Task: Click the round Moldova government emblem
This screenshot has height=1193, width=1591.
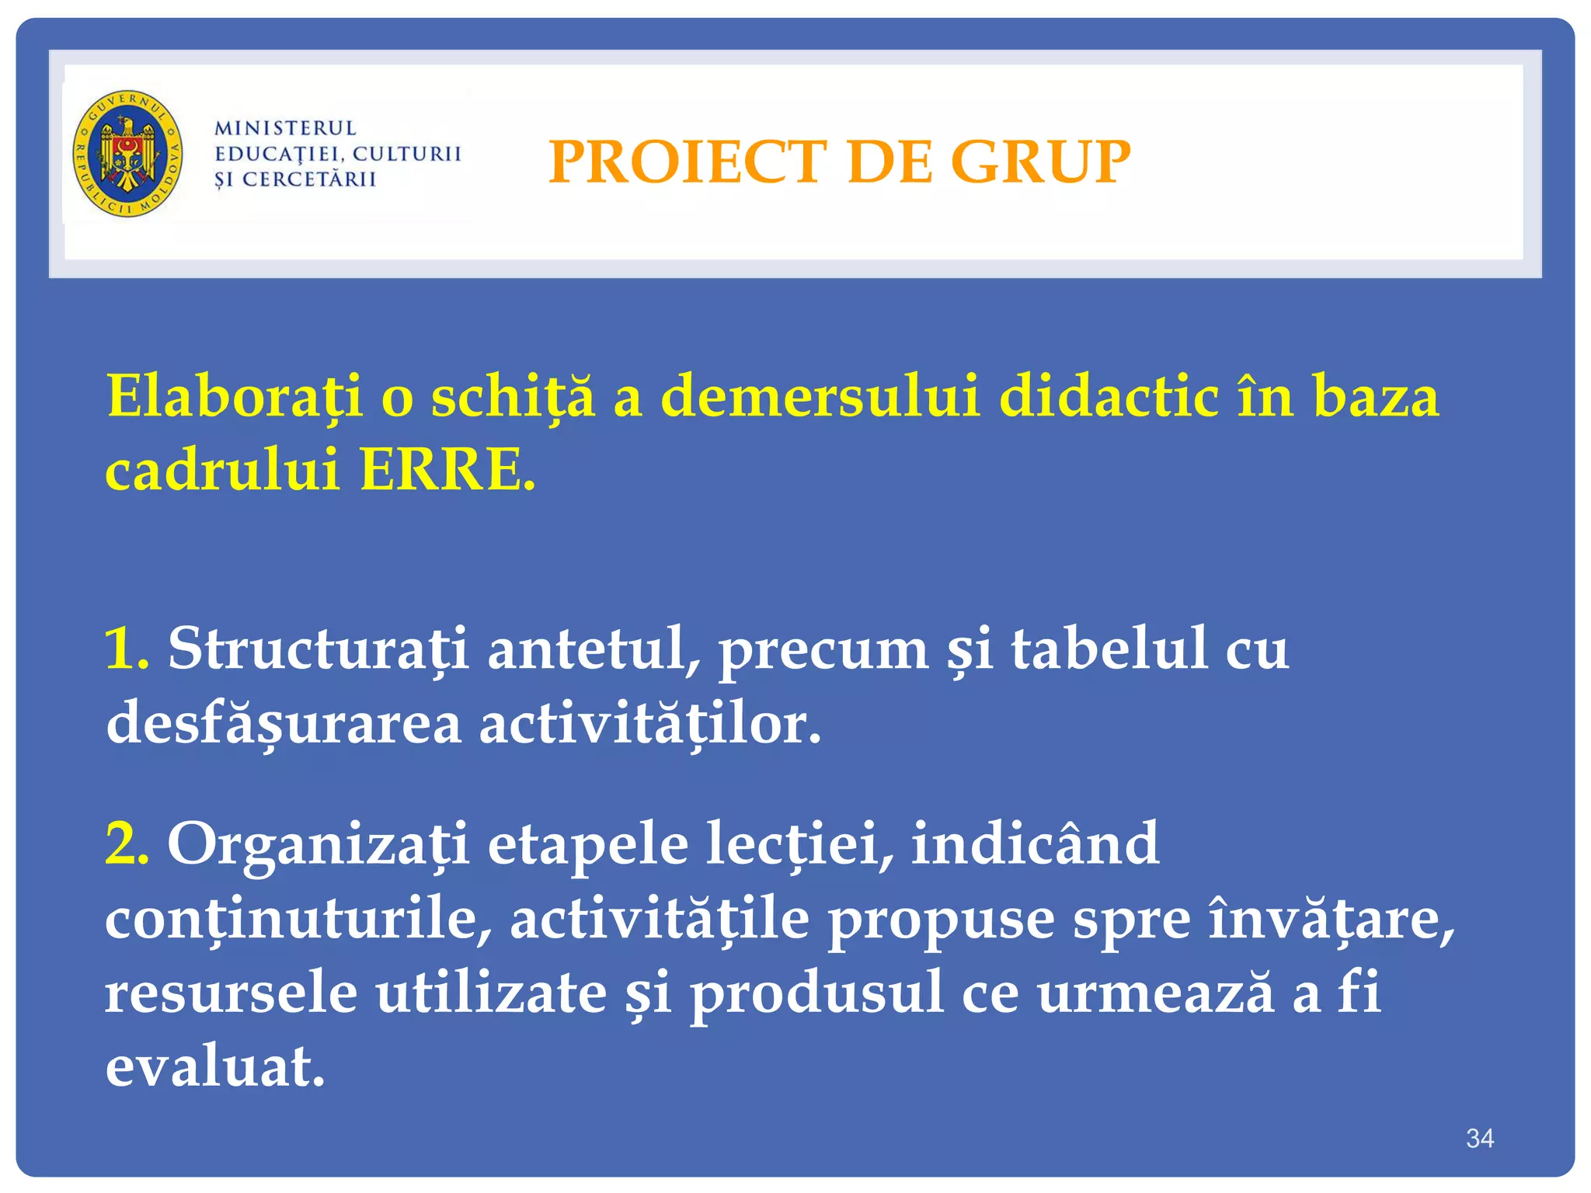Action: pyautogui.click(x=128, y=153)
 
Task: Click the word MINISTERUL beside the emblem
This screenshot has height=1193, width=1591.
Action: pyautogui.click(x=285, y=128)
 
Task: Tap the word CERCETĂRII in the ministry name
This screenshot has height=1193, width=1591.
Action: pyautogui.click(x=309, y=179)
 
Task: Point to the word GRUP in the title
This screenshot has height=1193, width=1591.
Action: pyautogui.click(x=1040, y=162)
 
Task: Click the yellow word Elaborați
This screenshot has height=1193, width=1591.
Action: pyautogui.click(x=234, y=397)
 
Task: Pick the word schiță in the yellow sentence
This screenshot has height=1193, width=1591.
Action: pyautogui.click(x=512, y=397)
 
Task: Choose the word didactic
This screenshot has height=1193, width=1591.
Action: pyautogui.click(x=1109, y=397)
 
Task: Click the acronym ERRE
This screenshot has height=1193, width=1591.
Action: pyautogui.click(x=447, y=470)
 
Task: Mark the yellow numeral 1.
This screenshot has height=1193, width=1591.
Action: pyautogui.click(x=125, y=649)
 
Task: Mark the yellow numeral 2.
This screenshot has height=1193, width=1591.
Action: pyautogui.click(x=127, y=843)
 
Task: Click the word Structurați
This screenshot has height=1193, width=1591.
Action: pyautogui.click(x=319, y=649)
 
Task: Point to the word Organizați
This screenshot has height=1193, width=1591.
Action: pyautogui.click(x=319, y=843)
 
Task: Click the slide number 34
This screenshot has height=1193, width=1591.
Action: pyautogui.click(x=1479, y=1139)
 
